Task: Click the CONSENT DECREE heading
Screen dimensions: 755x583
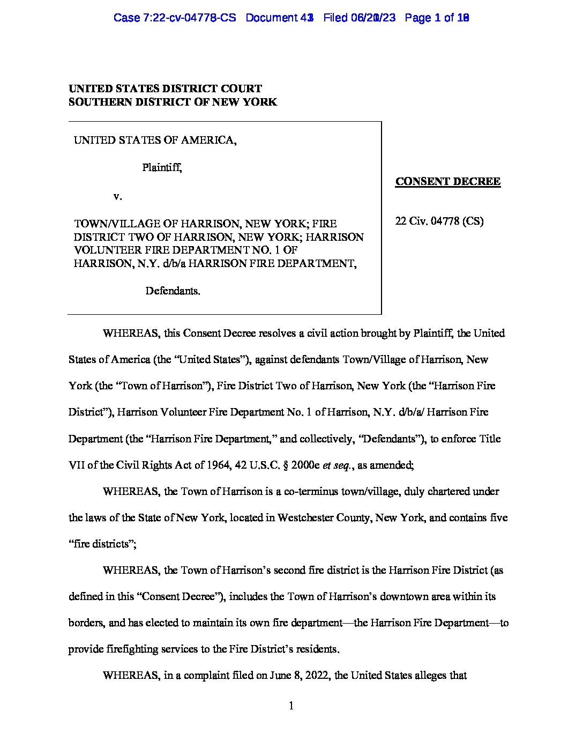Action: (x=448, y=182)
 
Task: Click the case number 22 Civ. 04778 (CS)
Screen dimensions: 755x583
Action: (x=439, y=221)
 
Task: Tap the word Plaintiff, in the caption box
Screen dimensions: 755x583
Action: (x=162, y=168)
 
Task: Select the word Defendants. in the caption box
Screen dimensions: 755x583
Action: (x=173, y=291)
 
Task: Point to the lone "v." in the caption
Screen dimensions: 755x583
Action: (x=118, y=196)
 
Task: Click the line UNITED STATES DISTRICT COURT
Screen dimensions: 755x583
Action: (x=165, y=88)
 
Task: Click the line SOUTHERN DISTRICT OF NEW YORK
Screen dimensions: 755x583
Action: (x=173, y=102)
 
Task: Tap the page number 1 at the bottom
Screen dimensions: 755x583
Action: (x=291, y=706)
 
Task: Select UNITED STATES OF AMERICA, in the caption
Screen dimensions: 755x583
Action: (x=155, y=140)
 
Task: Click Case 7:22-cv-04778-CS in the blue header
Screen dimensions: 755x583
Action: (x=175, y=18)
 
